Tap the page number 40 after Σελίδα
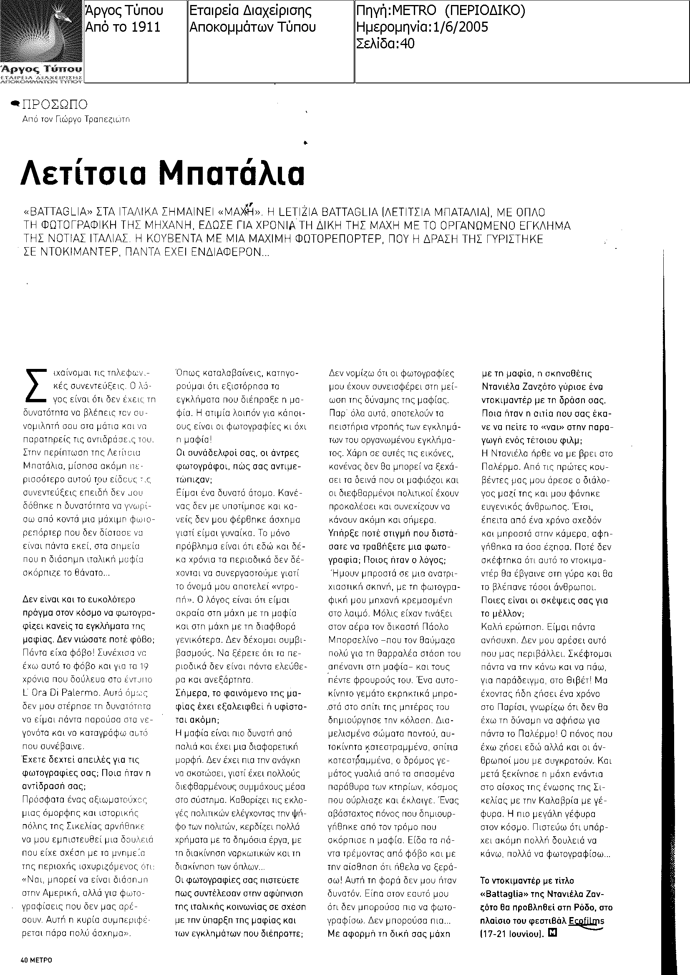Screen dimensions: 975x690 tap(407, 43)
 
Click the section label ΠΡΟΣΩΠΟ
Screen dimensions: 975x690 tap(55, 104)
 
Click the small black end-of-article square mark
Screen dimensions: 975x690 tap(552, 933)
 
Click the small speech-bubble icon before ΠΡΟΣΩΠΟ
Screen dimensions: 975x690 tap(15, 103)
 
